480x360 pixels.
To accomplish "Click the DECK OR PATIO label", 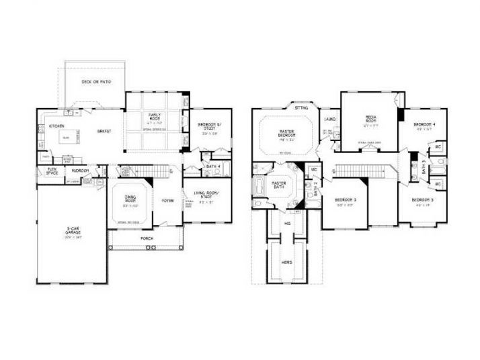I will tap(96, 82).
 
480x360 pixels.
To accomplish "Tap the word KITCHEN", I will tap(56, 126).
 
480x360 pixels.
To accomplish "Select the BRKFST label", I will tap(104, 131).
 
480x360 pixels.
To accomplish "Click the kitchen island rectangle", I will tap(65, 139).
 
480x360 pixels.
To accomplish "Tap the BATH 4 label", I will tap(214, 166).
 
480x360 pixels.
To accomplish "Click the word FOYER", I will tap(167, 200).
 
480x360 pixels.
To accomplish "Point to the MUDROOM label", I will tap(81, 171).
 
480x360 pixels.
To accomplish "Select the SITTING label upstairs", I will tap(301, 107).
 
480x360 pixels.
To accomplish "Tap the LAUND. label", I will tap(329, 120).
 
